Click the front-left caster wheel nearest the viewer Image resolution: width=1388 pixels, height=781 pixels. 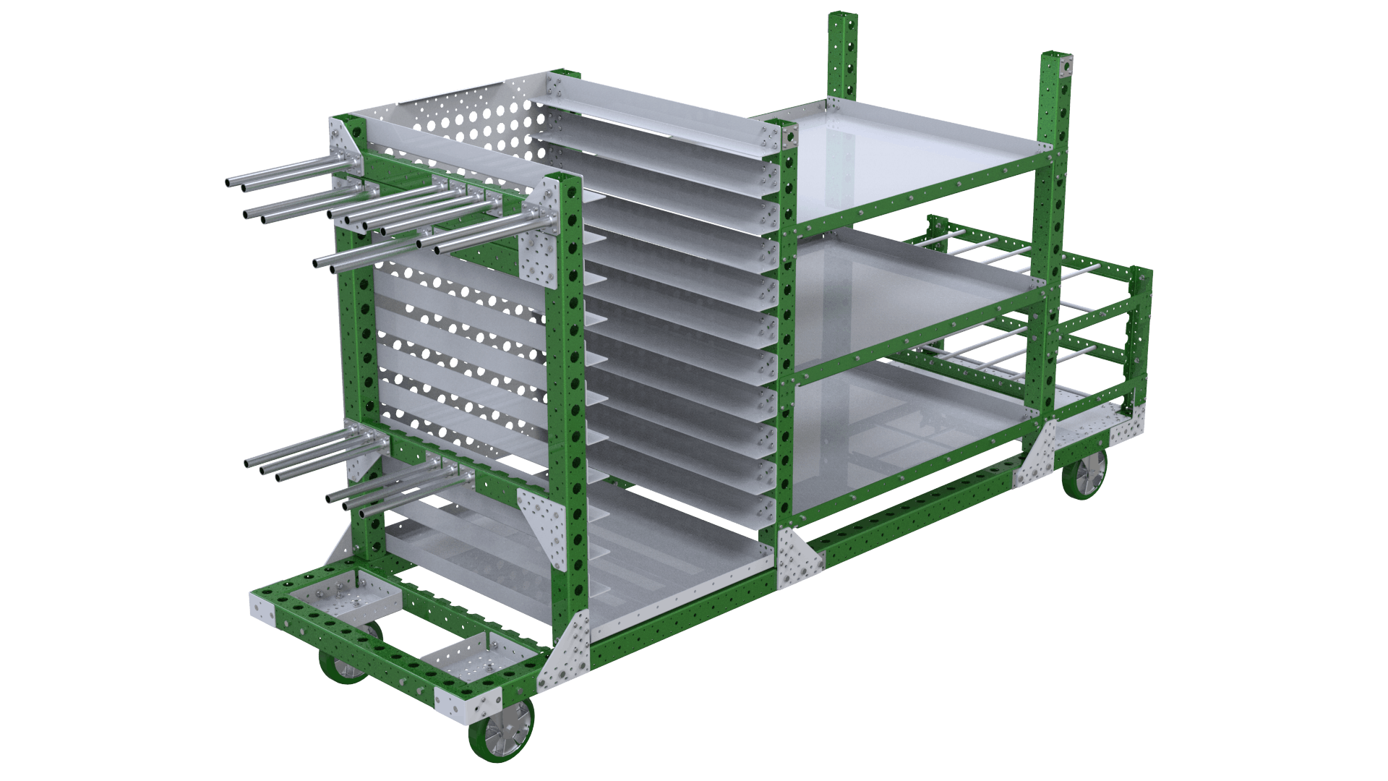click(x=501, y=741)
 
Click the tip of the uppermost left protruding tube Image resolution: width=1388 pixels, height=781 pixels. click(x=230, y=183)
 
